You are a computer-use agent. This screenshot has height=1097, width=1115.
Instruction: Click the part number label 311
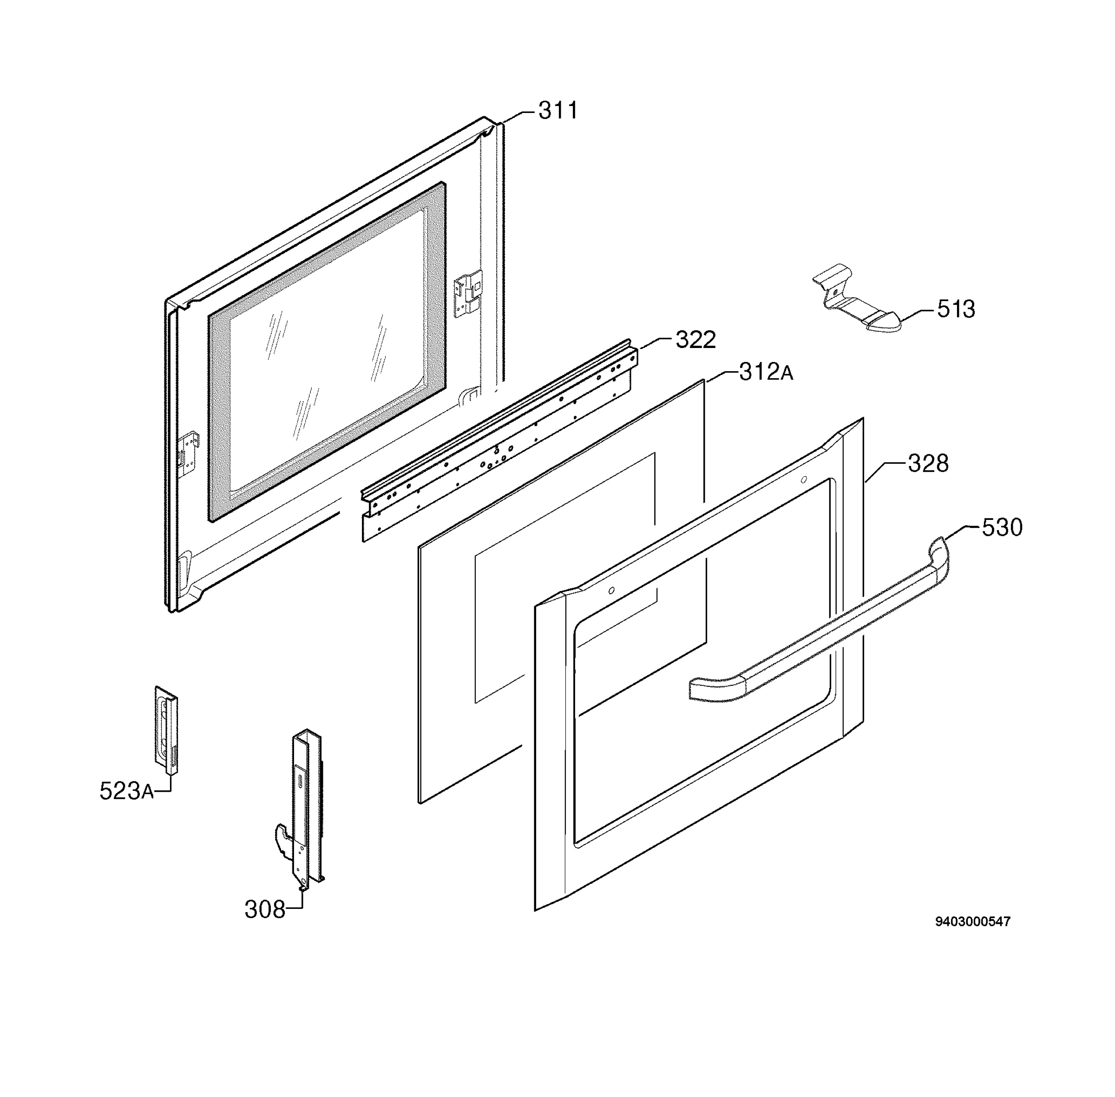click(x=557, y=110)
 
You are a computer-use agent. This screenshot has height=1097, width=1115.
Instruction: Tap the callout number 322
click(x=695, y=340)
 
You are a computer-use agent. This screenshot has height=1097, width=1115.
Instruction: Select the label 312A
click(x=766, y=372)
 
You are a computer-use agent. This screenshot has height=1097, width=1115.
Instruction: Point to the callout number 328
click(x=928, y=463)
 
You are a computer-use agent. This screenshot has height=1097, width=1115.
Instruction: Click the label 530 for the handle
click(x=1002, y=527)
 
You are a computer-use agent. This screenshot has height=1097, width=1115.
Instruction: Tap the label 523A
click(x=127, y=791)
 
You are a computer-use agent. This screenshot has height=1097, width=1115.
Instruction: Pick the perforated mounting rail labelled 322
click(x=499, y=440)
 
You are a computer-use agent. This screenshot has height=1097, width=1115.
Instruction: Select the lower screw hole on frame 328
click(x=611, y=590)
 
